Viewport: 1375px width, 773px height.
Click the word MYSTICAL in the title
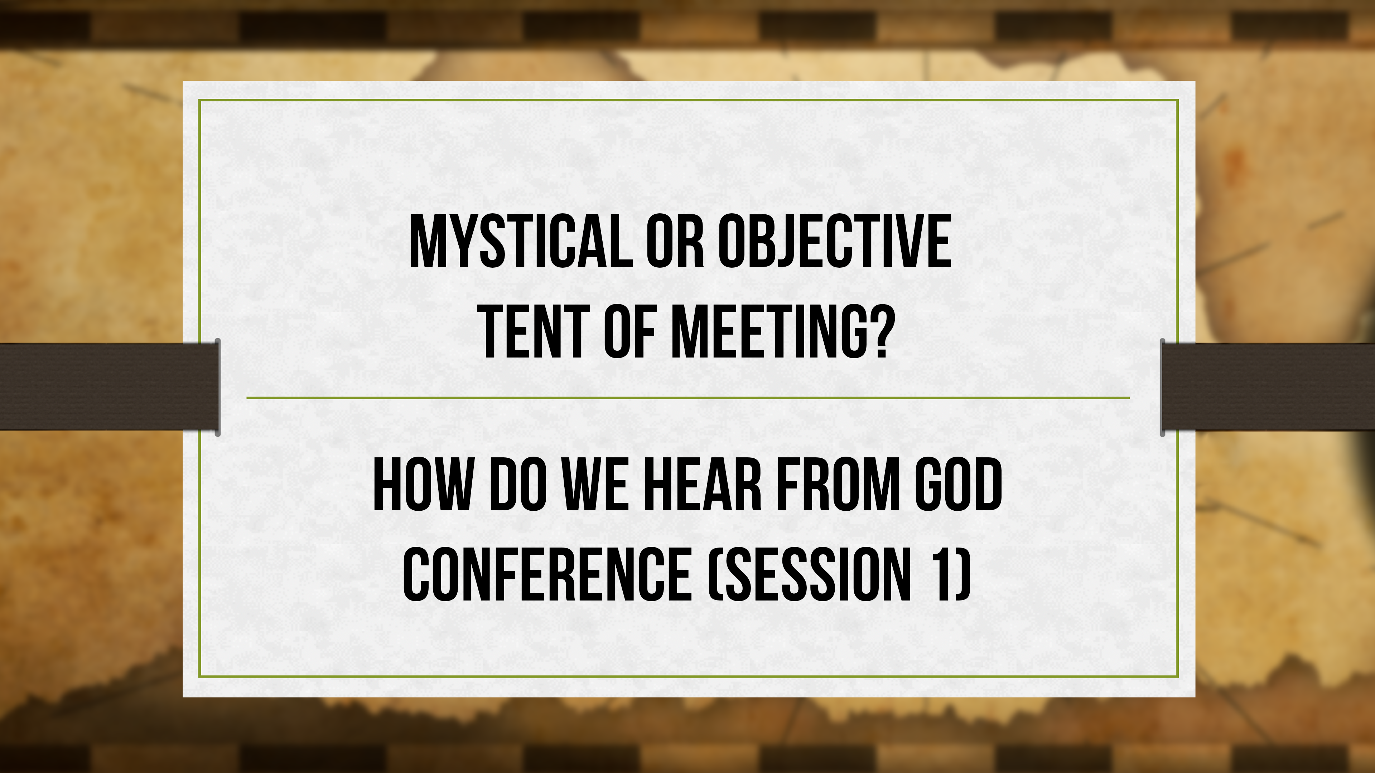(x=520, y=241)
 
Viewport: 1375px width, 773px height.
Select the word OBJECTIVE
(x=834, y=241)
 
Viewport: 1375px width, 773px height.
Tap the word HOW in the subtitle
(x=423, y=486)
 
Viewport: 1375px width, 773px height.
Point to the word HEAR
(x=702, y=486)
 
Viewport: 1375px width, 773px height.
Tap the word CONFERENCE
(x=547, y=575)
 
